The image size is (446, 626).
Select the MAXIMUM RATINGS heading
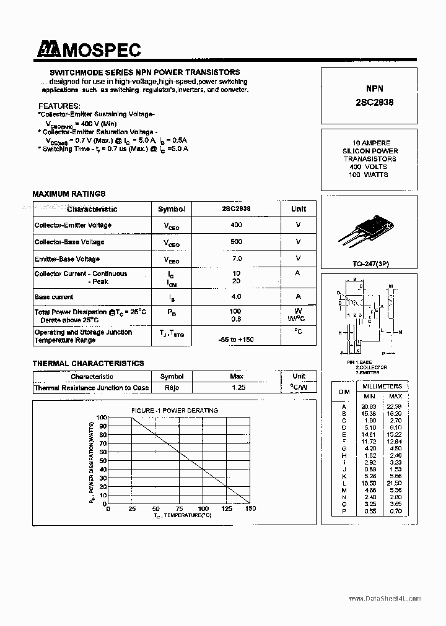pyautogui.click(x=69, y=194)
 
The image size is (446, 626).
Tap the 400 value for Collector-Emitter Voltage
pyautogui.click(x=235, y=225)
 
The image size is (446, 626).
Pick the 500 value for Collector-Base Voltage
pyautogui.click(x=235, y=242)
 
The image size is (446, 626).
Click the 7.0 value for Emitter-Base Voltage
pyautogui.click(x=235, y=259)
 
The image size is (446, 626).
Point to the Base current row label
pyautogui.click(x=54, y=297)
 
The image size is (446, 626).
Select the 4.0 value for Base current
pyautogui.click(x=235, y=297)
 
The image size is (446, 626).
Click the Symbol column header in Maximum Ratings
pyautogui.click(x=171, y=209)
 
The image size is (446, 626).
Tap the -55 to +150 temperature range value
pyautogui.click(x=235, y=340)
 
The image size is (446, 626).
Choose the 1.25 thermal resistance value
pyautogui.click(x=238, y=387)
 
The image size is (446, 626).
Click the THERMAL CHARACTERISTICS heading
pyautogui.click(x=88, y=363)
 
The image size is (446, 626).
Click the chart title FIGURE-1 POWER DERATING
pyautogui.click(x=174, y=410)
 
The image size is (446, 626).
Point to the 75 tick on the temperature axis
pyautogui.click(x=179, y=508)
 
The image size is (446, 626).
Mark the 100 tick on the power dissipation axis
pyautogui.click(x=102, y=418)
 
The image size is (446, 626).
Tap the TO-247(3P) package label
pyautogui.click(x=370, y=264)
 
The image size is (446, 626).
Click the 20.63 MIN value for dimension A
pyautogui.click(x=369, y=406)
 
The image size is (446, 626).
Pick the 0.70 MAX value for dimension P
pyautogui.click(x=395, y=511)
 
